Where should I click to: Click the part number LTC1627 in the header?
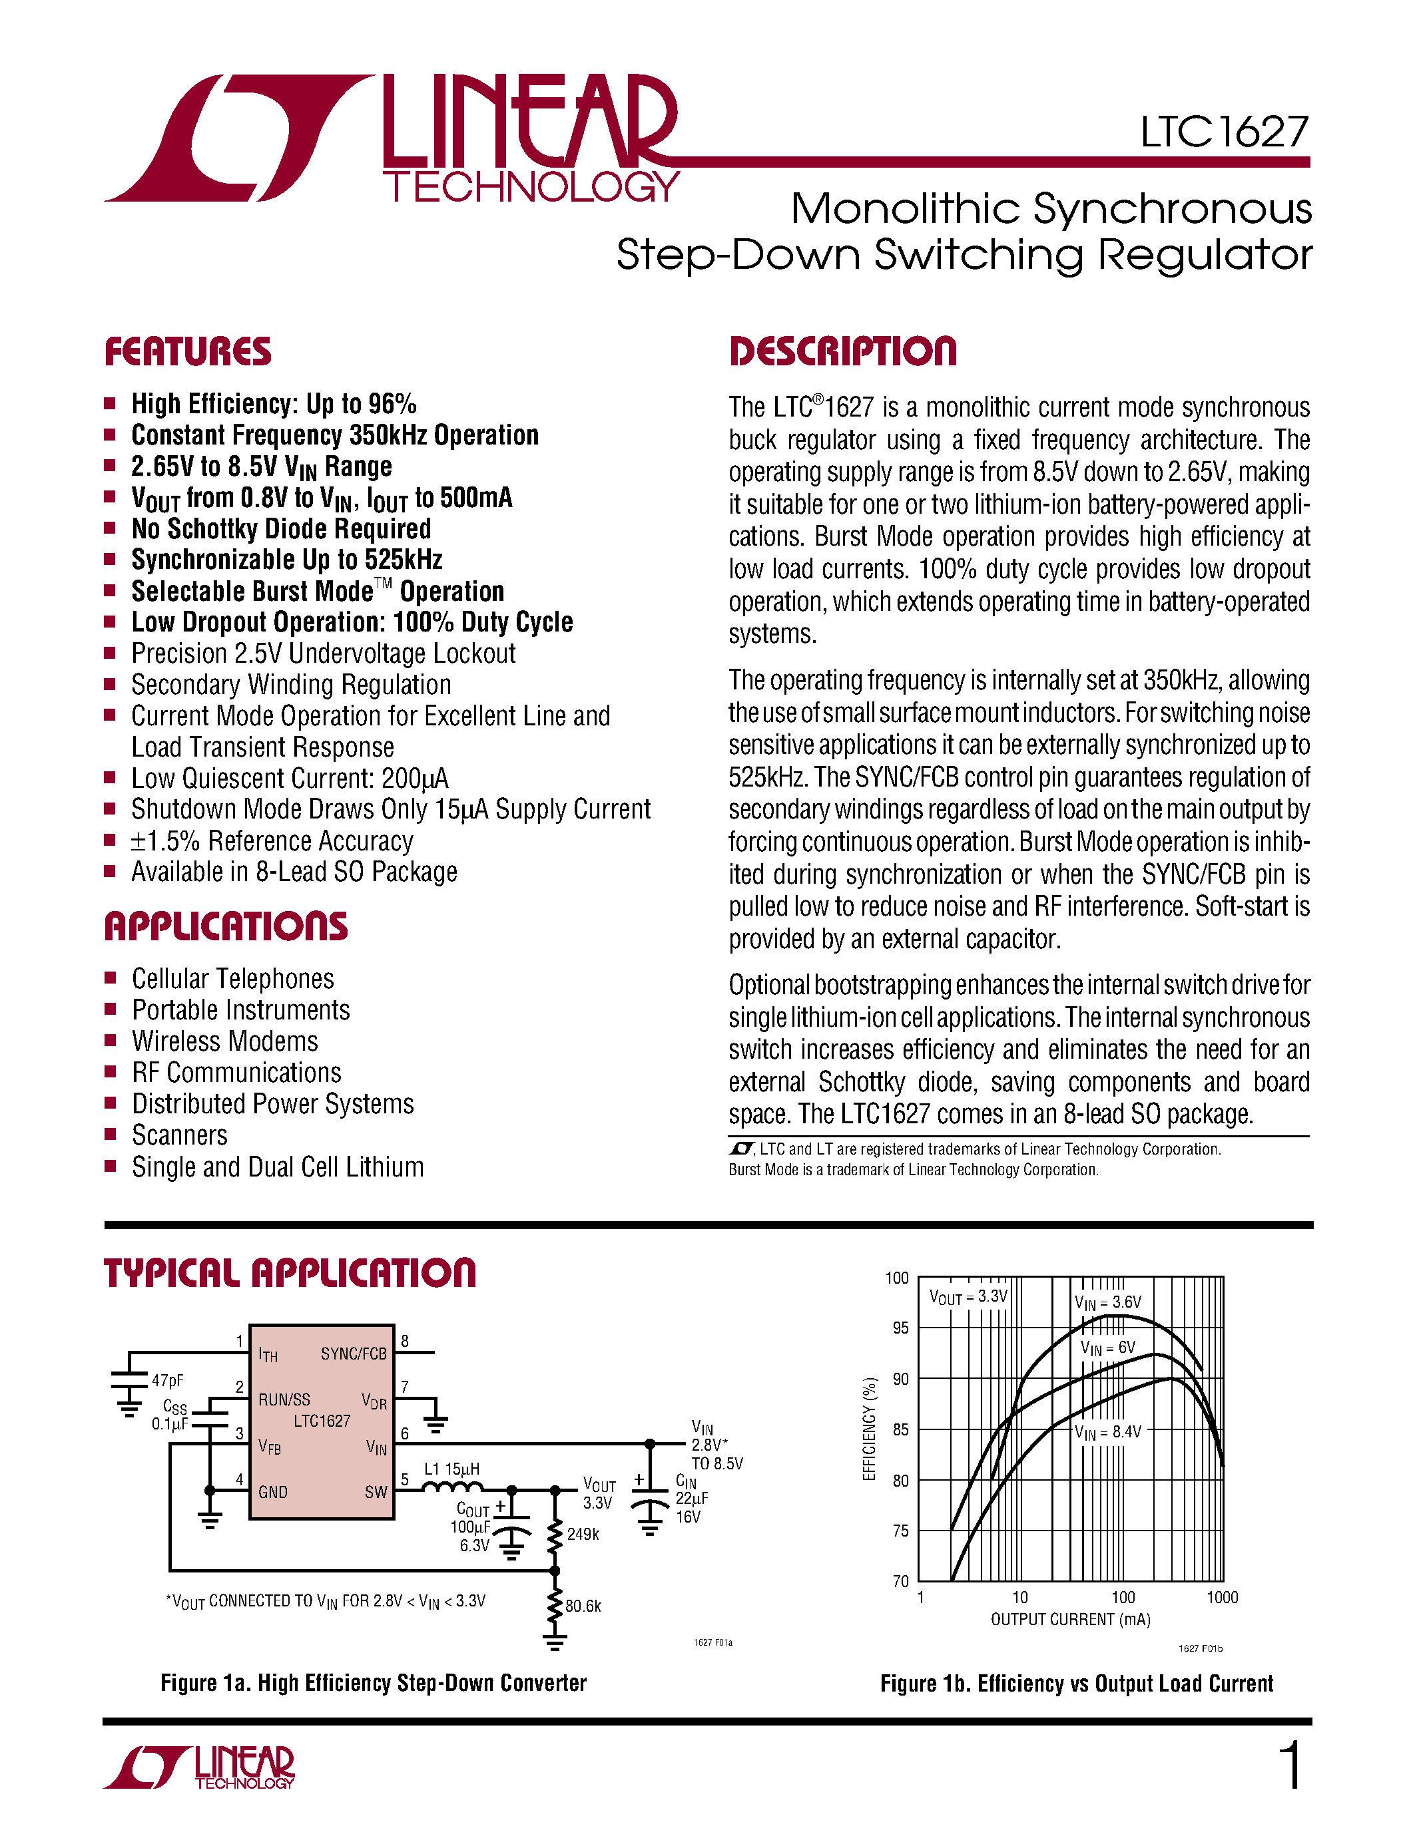click(x=1223, y=132)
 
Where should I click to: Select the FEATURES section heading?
click(x=188, y=352)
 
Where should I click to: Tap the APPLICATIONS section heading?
click(x=226, y=927)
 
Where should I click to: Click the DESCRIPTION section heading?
click(x=842, y=352)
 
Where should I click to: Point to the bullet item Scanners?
click(x=179, y=1135)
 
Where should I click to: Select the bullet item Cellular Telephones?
click(x=232, y=979)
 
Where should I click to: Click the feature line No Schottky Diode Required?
click(x=281, y=529)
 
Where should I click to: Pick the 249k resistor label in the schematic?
click(x=583, y=1535)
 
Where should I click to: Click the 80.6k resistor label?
click(x=583, y=1606)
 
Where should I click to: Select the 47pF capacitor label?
click(x=168, y=1381)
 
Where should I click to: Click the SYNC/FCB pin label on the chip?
click(x=353, y=1354)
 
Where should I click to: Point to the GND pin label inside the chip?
click(x=273, y=1493)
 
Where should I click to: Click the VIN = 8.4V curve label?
click(x=1107, y=1432)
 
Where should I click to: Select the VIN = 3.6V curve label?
click(x=1107, y=1303)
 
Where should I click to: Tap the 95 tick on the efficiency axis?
click(x=900, y=1328)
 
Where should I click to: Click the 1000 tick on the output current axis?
click(x=1221, y=1598)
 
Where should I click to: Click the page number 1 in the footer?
click(x=1292, y=1765)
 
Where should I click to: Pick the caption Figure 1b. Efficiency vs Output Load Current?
click(x=1076, y=1684)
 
